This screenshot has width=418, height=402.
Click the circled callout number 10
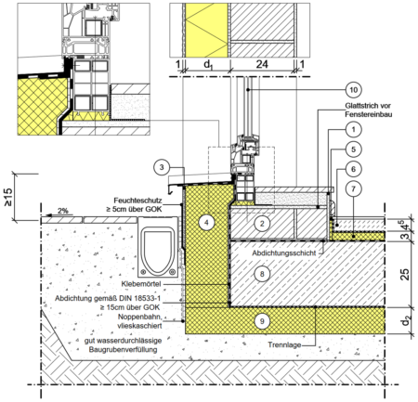click(353, 90)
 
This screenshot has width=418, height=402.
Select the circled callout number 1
click(353, 129)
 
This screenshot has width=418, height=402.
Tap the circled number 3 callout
click(162, 168)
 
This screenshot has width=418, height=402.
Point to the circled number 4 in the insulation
click(206, 222)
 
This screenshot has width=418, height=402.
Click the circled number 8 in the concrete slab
click(262, 274)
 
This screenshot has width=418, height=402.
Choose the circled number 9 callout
click(262, 321)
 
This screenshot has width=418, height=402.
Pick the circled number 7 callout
click(353, 188)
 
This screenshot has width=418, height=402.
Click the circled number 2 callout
click(262, 224)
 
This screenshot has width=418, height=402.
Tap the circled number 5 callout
click(353, 149)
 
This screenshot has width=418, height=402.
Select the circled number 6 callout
click(353, 169)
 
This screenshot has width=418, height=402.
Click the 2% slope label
click(63, 211)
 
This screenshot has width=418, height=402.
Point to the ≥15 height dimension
click(7, 197)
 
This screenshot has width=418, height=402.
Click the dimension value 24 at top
click(262, 64)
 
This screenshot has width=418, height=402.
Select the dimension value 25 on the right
click(405, 274)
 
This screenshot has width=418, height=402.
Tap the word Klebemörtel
click(141, 284)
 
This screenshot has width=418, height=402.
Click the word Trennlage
click(284, 344)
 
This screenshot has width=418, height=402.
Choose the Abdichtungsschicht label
click(284, 253)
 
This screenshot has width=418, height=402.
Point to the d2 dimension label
click(405, 321)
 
